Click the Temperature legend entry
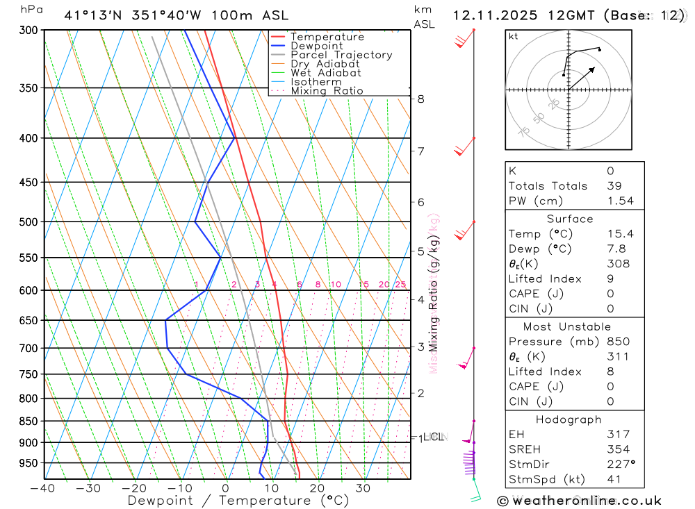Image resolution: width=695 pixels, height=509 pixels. tap(327, 37)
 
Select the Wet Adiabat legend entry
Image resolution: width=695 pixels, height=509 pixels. tap(325, 73)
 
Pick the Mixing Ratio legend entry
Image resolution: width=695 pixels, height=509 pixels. tap(327, 91)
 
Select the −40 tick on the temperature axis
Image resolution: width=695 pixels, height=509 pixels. tap(43, 488)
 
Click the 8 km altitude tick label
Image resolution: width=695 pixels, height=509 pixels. tap(421, 99)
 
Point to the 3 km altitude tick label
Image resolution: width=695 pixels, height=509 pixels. tap(421, 347)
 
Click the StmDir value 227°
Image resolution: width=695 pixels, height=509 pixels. tap(620, 465)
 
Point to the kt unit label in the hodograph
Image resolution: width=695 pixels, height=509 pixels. tap(514, 37)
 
